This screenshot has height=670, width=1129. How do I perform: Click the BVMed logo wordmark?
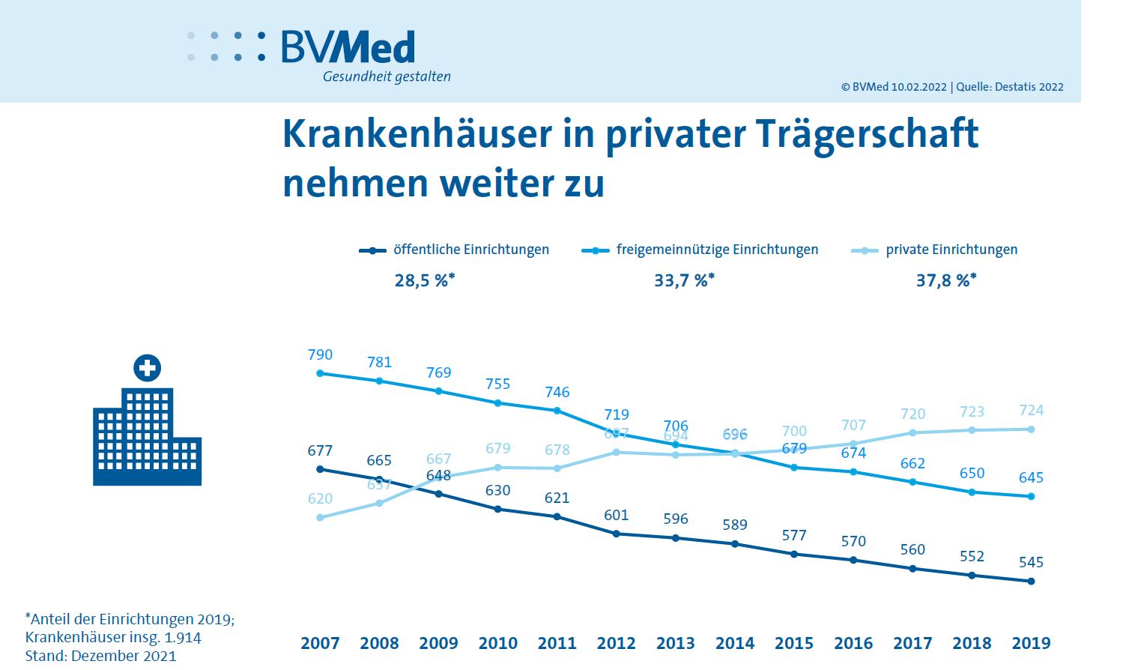pos(348,47)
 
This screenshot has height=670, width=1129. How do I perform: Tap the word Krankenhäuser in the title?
pos(417,134)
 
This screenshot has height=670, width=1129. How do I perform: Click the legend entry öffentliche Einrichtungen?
pos(470,250)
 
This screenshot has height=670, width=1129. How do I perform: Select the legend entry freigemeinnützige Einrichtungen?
pos(716,250)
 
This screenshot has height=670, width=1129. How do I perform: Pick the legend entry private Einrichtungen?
pos(951,250)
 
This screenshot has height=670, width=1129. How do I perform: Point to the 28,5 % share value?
pos(424,281)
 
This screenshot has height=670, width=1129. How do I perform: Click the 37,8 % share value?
pos(945,281)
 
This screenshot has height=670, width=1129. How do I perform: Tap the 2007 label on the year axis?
pos(320,643)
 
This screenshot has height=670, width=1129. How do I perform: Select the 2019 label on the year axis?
pos(1031,643)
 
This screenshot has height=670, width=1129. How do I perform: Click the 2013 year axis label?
pos(675,643)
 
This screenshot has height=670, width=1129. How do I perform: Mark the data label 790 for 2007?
pos(320,355)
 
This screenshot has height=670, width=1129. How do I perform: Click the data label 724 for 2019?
pos(1031,411)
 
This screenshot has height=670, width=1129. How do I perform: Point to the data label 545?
pos(1031,562)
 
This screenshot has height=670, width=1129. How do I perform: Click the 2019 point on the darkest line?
pos(1032,581)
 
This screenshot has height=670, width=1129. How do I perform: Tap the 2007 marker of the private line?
pos(320,517)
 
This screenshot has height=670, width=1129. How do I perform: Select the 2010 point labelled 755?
pos(497,402)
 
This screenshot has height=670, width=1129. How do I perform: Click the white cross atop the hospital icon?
pos(147,368)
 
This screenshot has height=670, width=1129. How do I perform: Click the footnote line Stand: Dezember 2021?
pos(100,656)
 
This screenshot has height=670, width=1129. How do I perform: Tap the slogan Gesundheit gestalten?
pos(387,76)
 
